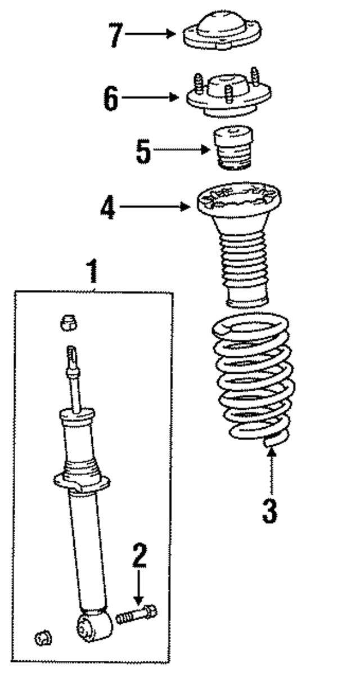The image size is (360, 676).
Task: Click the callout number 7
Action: tap(116, 35)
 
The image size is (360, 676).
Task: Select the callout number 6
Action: tap(111, 98)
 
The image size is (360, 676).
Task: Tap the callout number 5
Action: tap(143, 151)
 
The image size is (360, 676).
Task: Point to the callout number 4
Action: tap(107, 207)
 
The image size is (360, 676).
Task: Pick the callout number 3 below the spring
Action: tap(269, 511)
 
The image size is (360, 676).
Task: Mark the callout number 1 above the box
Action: tap(93, 271)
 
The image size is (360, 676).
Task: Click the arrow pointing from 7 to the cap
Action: tap(150, 34)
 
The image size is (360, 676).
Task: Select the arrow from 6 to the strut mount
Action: tap(150, 97)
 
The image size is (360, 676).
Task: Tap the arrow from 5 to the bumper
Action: tap(182, 150)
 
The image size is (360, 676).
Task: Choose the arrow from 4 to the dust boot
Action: tap(155, 207)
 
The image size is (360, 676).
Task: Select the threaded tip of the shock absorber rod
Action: tap(71, 354)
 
